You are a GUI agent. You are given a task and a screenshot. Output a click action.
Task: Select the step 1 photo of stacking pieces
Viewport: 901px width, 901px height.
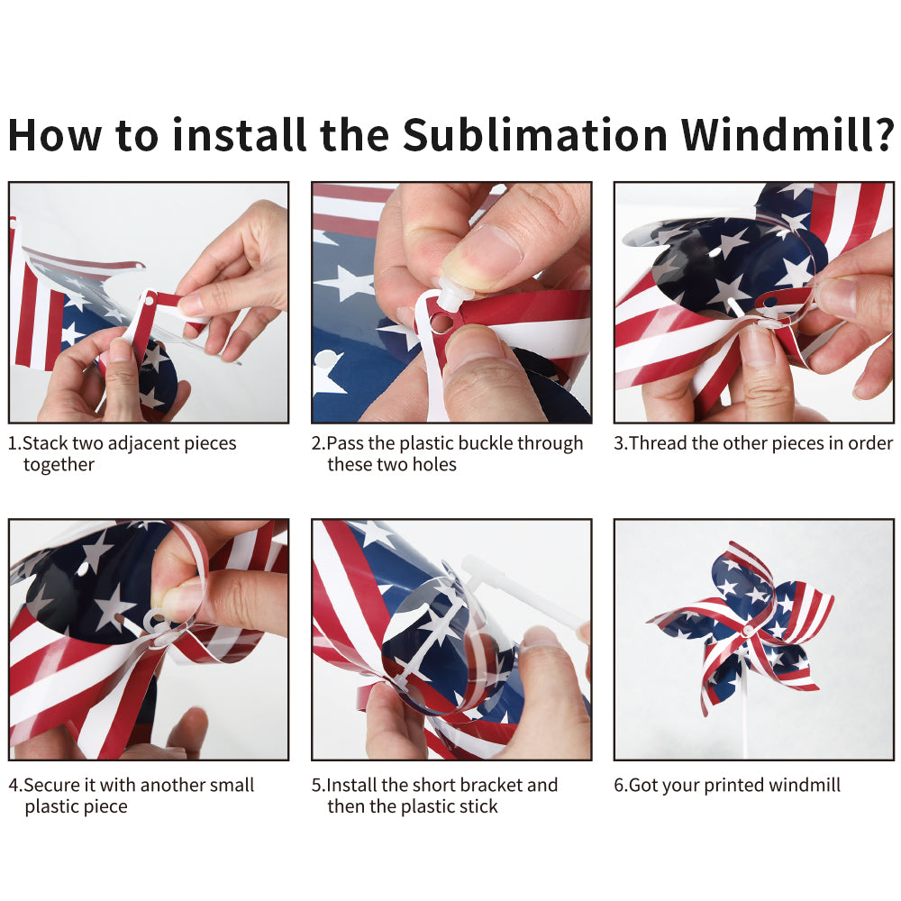(149, 303)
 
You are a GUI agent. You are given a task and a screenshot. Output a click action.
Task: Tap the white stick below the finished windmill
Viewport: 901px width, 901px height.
(745, 712)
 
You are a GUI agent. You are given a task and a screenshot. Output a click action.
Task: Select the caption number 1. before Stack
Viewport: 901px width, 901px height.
(14, 443)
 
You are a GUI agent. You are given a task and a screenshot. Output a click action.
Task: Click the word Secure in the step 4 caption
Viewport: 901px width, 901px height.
(52, 786)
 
